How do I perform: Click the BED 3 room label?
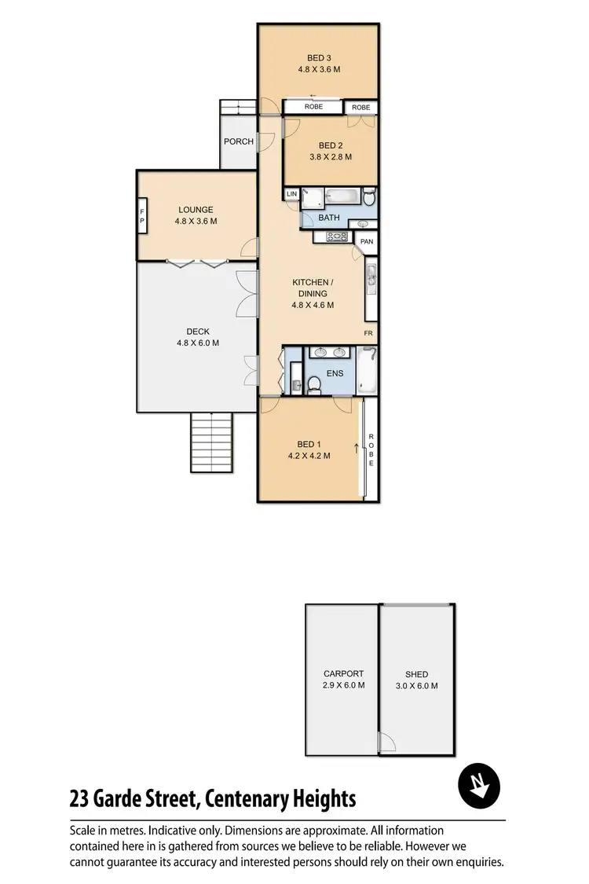click(x=318, y=57)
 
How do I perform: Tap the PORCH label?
click(x=239, y=141)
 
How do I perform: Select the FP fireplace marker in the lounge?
click(x=142, y=215)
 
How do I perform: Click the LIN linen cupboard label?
click(x=291, y=193)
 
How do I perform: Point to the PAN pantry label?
click(x=367, y=242)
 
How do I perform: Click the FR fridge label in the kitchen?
click(x=368, y=334)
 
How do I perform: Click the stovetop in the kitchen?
click(x=336, y=237)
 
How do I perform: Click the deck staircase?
click(x=212, y=443)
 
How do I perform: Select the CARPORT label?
click(x=344, y=673)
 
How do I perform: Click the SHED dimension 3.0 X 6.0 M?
click(x=416, y=686)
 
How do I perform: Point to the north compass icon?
click(x=480, y=786)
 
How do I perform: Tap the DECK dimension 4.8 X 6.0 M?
click(x=197, y=343)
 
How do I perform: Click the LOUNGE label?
click(x=196, y=210)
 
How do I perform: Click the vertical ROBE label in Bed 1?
click(x=371, y=450)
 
